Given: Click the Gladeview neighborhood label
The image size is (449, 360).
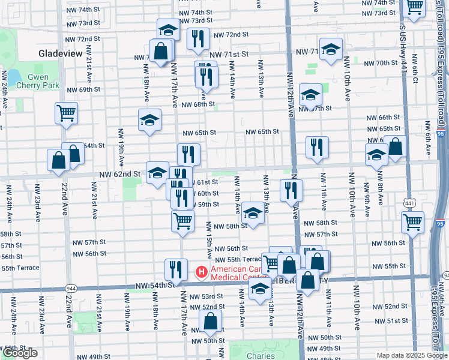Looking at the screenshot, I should click(x=60, y=53).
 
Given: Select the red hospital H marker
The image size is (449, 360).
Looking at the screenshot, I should click(x=202, y=272).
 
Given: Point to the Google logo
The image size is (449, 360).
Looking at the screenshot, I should click(x=20, y=353).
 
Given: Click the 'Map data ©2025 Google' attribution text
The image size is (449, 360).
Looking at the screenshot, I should click(x=412, y=355).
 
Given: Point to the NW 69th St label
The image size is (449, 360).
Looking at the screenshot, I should click(x=84, y=89).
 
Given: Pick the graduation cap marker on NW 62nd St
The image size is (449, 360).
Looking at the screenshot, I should click(x=157, y=172).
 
